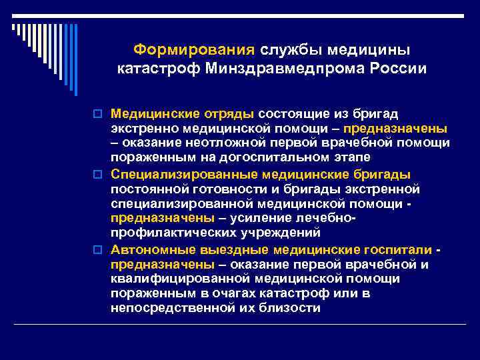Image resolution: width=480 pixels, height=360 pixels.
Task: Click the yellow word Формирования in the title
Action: click(194, 50)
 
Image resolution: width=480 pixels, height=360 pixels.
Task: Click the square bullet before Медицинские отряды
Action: click(101, 115)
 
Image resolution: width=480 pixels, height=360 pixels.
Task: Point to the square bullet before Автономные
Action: click(101, 250)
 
